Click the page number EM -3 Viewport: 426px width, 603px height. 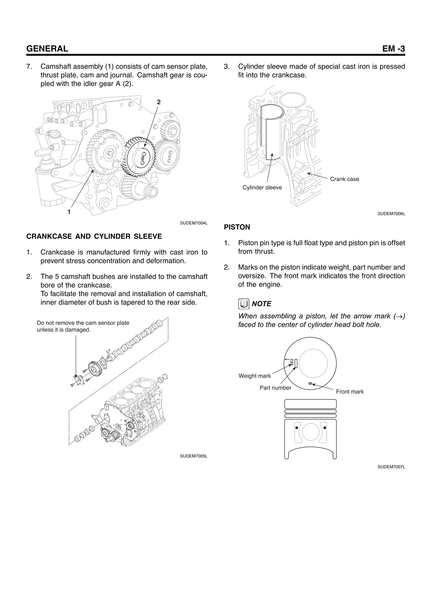(x=394, y=49)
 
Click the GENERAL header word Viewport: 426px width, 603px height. (x=47, y=49)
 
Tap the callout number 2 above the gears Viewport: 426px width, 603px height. (x=159, y=102)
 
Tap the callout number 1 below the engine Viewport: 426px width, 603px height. (x=69, y=212)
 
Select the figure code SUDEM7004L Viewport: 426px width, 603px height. (x=194, y=223)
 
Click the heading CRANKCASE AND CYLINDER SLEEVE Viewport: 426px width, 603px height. (x=94, y=236)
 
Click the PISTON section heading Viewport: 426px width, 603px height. (x=237, y=227)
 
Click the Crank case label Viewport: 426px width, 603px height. (x=344, y=179)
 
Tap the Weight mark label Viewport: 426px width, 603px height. (x=255, y=376)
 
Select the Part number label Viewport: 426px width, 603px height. (x=275, y=388)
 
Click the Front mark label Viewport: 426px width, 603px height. (x=350, y=392)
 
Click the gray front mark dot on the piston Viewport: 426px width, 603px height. (x=310, y=384)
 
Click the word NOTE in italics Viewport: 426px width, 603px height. (x=261, y=304)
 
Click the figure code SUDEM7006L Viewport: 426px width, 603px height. (x=391, y=214)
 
